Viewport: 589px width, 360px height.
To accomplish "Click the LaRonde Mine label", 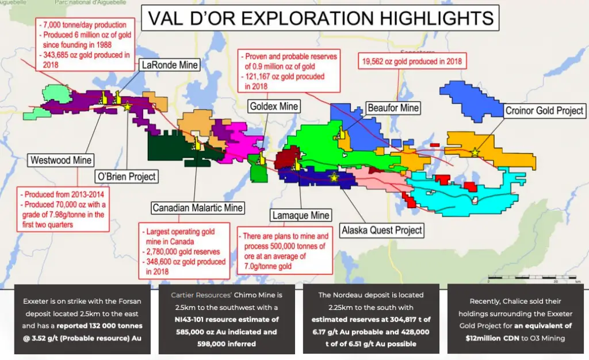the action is (x=170, y=65).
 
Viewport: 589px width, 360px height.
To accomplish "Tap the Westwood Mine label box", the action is (x=60, y=160).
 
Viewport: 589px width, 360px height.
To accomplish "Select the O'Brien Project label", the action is (x=126, y=177).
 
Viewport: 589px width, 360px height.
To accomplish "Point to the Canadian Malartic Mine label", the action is (x=198, y=208).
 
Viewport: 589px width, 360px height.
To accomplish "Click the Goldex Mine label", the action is (x=274, y=106).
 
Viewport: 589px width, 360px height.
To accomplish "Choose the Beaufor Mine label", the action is (x=393, y=108).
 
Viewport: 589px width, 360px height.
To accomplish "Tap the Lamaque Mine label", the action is (x=301, y=216).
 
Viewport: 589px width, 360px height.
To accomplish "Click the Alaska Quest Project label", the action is (x=382, y=230).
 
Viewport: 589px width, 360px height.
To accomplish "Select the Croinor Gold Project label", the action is (x=544, y=111).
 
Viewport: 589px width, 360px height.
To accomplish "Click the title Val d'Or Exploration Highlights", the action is (x=320, y=18).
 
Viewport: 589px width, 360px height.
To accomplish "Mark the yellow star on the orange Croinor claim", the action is (x=475, y=152).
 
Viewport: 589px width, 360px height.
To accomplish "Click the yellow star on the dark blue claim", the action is (x=334, y=177).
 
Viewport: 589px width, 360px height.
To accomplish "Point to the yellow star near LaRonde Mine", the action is (x=127, y=106).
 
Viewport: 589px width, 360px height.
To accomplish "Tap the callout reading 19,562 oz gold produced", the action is (x=412, y=61).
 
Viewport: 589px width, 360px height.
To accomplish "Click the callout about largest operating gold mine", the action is (x=184, y=251).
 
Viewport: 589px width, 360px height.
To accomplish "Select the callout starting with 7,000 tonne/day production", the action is (x=85, y=44).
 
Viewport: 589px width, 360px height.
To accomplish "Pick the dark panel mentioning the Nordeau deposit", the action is (x=371, y=319).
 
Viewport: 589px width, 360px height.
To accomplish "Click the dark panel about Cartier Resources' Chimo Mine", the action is (x=227, y=319).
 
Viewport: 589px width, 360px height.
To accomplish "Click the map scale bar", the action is (x=532, y=277).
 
